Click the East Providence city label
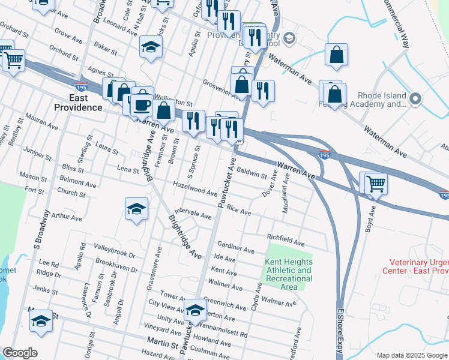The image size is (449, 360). pyautogui.click(x=78, y=103)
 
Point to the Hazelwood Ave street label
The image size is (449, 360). pyautogui.click(x=195, y=189)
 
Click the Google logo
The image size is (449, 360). pyautogui.click(x=20, y=353)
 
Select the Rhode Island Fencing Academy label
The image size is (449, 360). pyautogui.click(x=382, y=100)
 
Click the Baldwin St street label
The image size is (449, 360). pyautogui.click(x=252, y=173)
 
